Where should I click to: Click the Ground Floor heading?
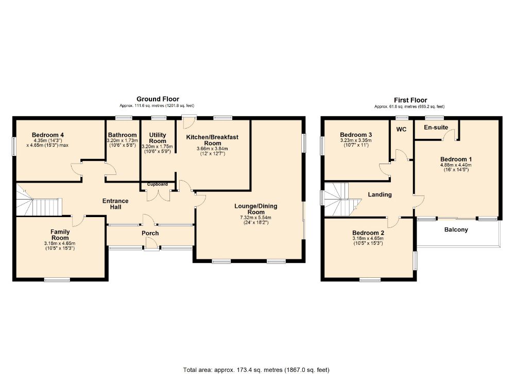point(158,99)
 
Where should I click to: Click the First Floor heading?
point(410,100)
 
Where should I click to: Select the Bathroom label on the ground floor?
point(122,135)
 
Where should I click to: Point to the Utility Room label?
point(158,137)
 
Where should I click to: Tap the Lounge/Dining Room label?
point(255,209)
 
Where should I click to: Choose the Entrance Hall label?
point(115,204)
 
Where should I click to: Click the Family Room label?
point(60,235)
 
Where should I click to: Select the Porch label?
point(150,233)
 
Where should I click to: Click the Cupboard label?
point(158,184)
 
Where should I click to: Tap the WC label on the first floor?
point(401,129)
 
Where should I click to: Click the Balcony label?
point(456,230)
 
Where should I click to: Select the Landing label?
point(380,194)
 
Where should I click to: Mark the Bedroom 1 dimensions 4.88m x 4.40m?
point(455,165)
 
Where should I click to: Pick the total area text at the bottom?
point(256,369)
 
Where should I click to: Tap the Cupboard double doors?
point(158,194)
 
